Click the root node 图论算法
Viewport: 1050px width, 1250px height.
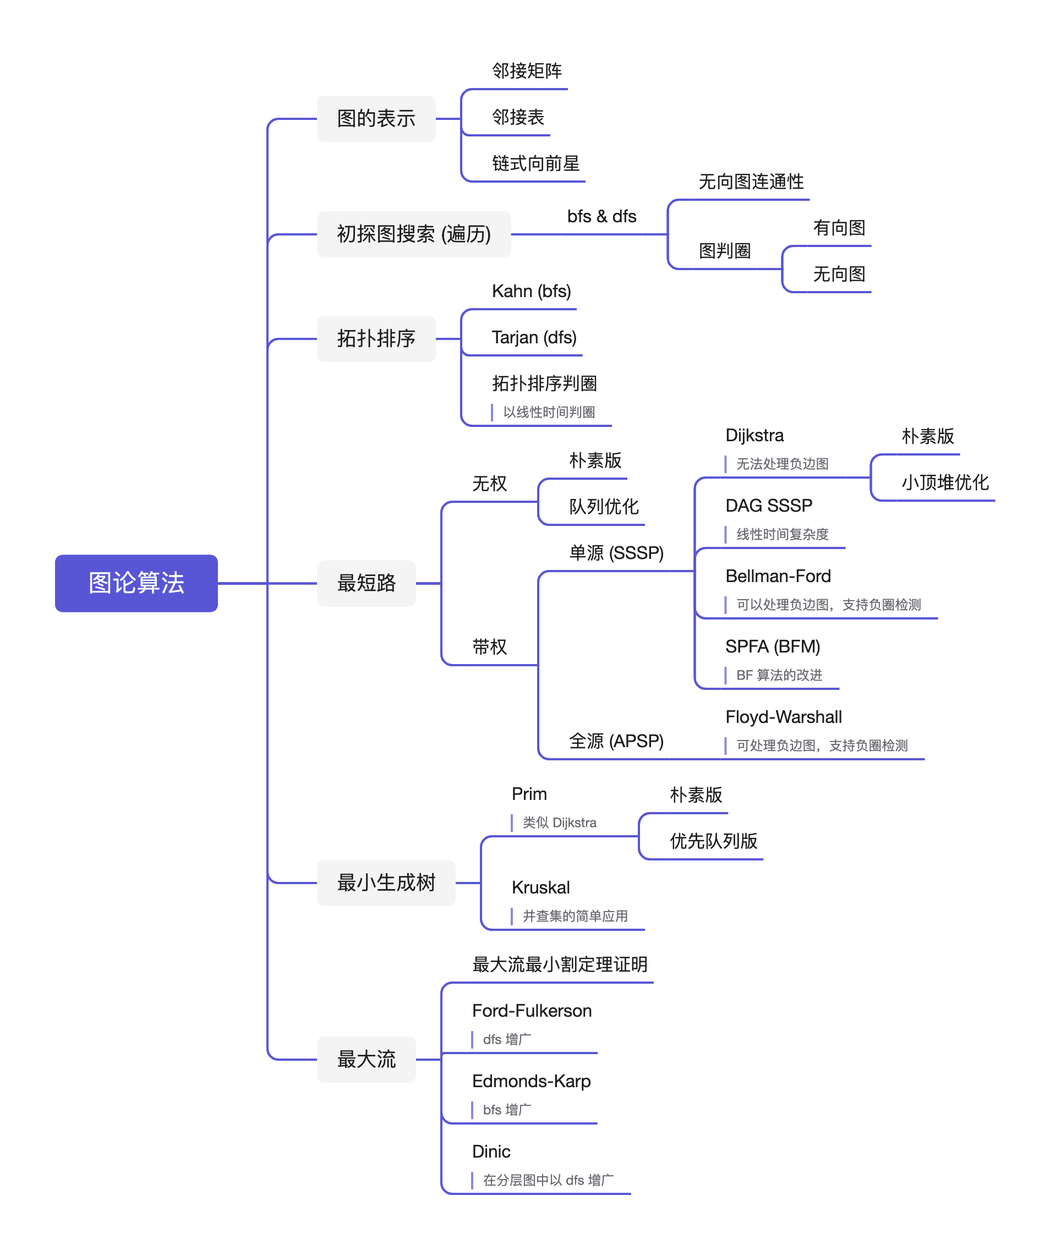coord(136,583)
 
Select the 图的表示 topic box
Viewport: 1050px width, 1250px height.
coord(376,118)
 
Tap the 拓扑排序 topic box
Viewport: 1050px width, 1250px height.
coord(376,339)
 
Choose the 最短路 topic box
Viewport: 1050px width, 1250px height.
coord(366,583)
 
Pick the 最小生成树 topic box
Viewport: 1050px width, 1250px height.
coord(386,882)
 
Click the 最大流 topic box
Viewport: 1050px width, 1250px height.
coord(366,1059)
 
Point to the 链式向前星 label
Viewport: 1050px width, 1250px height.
coord(535,164)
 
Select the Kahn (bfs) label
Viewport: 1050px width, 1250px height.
coord(531,291)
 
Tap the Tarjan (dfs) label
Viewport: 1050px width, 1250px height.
coord(534,337)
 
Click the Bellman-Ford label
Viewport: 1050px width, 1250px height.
coord(778,576)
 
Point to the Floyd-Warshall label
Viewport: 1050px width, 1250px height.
coord(783,717)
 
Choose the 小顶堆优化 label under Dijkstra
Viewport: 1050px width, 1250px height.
coord(945,482)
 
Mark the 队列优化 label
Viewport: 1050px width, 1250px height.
coord(604,507)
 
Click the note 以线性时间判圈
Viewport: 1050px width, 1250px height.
coord(549,412)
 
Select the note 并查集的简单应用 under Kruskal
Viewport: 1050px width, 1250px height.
coord(575,916)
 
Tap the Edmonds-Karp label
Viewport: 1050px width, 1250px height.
coord(531,1081)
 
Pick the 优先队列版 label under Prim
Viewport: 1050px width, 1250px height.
coord(713,841)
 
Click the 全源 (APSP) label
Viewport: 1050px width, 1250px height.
coord(616,741)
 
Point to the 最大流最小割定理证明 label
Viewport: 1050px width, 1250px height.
coord(560,964)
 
